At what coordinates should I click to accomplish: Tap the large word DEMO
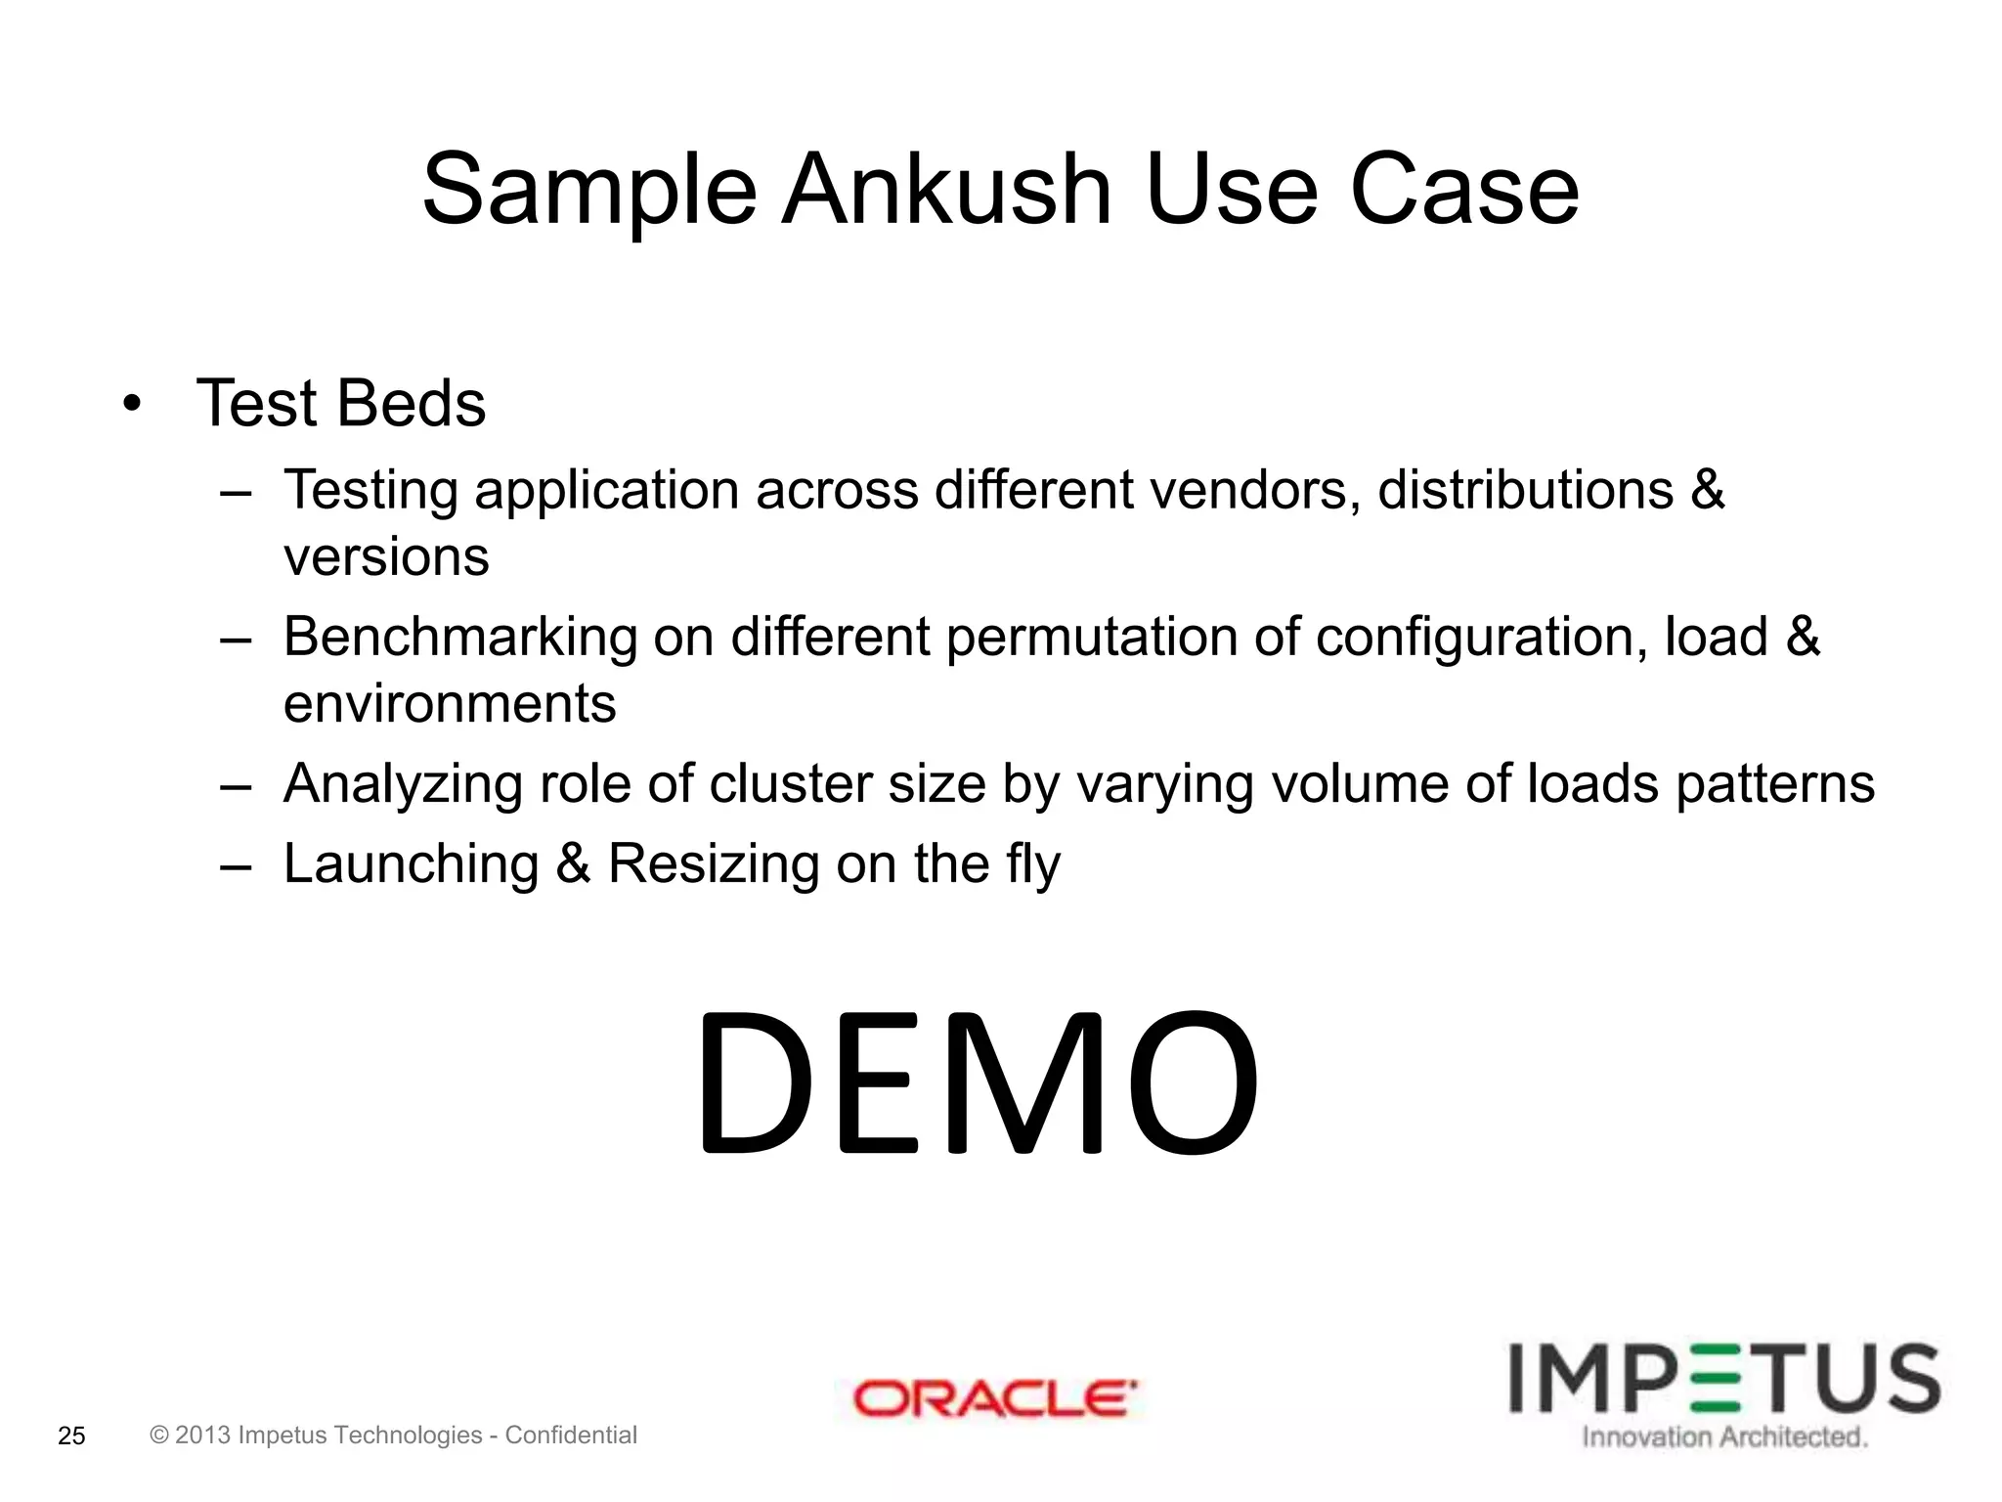point(976,1084)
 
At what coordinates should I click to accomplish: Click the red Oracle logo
point(995,1399)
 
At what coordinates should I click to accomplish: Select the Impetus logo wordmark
point(1724,1379)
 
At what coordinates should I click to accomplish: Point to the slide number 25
point(72,1436)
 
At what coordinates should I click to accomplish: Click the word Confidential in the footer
point(571,1435)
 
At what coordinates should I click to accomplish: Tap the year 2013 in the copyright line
point(202,1435)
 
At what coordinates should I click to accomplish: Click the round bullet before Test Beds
point(132,405)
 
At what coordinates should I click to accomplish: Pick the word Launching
point(411,863)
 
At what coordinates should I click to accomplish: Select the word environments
point(450,703)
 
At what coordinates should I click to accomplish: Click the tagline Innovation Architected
point(1724,1436)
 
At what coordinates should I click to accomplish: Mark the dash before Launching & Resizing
point(236,865)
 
